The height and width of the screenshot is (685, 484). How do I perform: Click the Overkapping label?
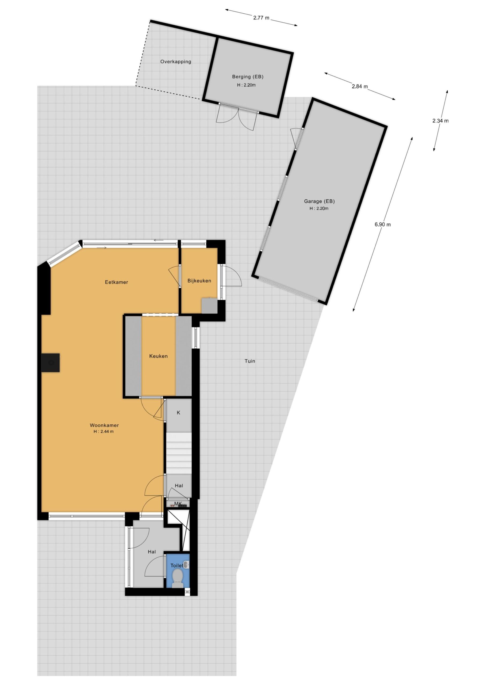(176, 62)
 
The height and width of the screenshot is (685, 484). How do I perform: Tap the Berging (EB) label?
(248, 77)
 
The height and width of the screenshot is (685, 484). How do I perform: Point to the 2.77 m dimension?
(261, 18)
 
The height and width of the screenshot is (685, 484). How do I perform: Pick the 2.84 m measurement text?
(360, 86)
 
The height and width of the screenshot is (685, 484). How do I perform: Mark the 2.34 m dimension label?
(440, 121)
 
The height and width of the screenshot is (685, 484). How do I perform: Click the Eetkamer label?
(116, 282)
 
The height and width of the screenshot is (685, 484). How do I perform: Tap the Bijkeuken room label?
(199, 281)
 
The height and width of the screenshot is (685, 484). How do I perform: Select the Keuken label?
(158, 356)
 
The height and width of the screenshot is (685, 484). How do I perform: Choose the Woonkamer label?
(104, 425)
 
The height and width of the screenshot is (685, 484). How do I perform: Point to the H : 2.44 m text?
(103, 431)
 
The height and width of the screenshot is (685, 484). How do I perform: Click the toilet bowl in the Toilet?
(178, 576)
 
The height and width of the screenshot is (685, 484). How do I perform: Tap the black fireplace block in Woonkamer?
(51, 363)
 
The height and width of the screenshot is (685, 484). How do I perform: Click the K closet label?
(178, 413)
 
